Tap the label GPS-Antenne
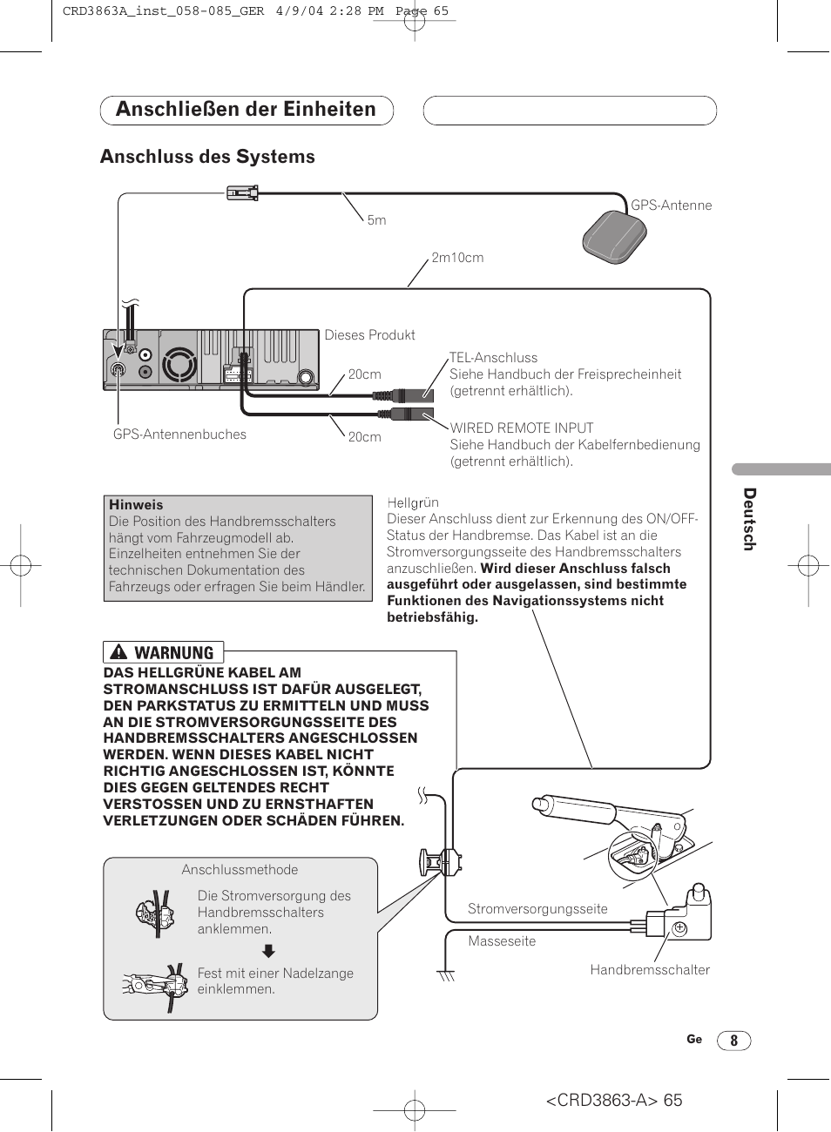tap(671, 206)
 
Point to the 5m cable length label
tap(376, 220)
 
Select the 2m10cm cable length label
tap(457, 258)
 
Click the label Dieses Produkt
tap(369, 335)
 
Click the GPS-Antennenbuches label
tap(179, 435)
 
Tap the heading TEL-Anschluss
tap(493, 358)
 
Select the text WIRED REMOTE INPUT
tap(521, 428)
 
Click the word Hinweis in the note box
tap(136, 505)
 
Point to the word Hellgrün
tap(413, 502)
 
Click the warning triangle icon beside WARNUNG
tap(119, 652)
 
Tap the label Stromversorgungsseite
tap(537, 909)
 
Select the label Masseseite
tap(502, 941)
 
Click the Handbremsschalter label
tap(649, 970)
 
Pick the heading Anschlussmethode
tap(240, 870)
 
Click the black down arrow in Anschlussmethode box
tap(269, 951)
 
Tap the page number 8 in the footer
tap(733, 1041)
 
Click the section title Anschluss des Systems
tap(207, 157)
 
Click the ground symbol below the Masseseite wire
tap(447, 975)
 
